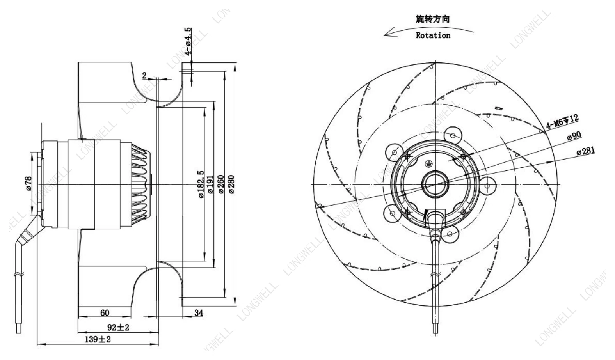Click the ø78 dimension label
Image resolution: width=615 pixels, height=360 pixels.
[x=28, y=183]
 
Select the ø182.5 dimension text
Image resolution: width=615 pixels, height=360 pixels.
[x=201, y=184]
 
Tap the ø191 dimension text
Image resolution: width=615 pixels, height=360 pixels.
[x=210, y=184]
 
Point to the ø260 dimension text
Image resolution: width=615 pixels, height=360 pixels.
[x=221, y=184]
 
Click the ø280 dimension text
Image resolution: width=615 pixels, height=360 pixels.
[x=231, y=184]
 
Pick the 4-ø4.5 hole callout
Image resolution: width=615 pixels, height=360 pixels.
[x=188, y=41]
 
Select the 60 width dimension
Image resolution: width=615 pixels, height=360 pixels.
[x=105, y=313]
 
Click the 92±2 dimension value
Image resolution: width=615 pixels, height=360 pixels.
[x=118, y=327]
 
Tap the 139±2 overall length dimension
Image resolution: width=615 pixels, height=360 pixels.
[x=98, y=339]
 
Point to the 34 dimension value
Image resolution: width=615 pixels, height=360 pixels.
[x=199, y=313]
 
